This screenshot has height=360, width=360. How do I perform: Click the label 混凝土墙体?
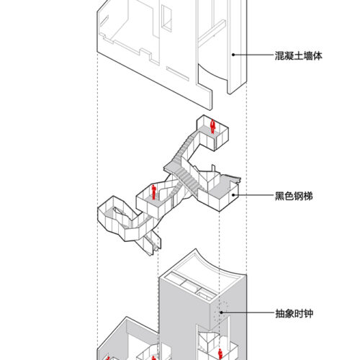tap(298, 56)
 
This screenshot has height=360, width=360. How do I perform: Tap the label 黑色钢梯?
tap(294, 196)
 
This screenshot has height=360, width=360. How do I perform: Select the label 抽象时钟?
tap(294, 313)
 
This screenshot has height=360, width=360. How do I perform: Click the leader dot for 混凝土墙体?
tap(233, 55)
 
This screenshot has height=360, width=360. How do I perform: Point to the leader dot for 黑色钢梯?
tap(233, 195)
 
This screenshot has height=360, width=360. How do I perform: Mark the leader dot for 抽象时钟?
tap(221, 312)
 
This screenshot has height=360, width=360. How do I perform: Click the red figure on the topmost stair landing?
tap(212, 127)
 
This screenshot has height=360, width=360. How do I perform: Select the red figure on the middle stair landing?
tap(153, 192)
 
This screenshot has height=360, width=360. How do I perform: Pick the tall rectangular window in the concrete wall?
tap(166, 18)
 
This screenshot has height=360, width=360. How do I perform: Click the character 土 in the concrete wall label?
tap(298, 56)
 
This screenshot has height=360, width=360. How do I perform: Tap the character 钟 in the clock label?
tap(309, 313)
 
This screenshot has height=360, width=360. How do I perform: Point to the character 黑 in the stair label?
tap(279, 196)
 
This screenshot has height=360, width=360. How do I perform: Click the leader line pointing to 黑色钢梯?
tap(253, 195)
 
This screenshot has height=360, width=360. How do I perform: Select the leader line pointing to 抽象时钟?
tap(248, 312)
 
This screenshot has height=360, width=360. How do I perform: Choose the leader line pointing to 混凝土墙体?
tap(253, 55)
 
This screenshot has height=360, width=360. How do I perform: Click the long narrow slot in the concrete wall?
tap(178, 74)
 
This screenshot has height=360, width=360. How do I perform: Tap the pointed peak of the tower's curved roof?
tap(196, 249)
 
